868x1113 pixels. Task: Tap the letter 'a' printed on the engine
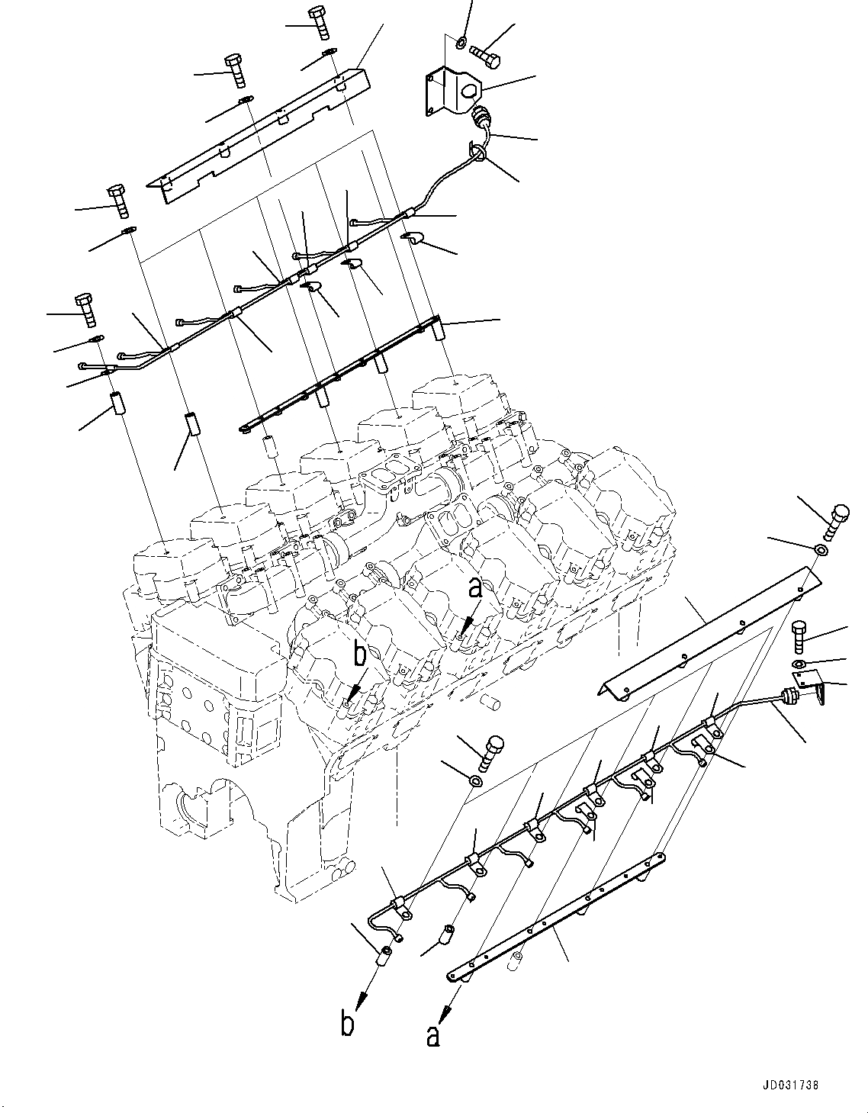pos(475,587)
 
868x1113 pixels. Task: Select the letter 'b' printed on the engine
pos(359,655)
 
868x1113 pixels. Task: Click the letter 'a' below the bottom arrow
pos(433,1035)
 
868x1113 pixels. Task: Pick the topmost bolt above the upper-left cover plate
pos(319,22)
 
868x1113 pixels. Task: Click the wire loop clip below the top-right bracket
pos(479,154)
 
